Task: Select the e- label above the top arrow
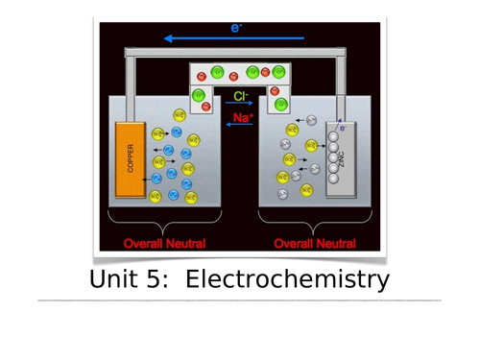point(236,28)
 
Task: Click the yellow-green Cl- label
point(240,96)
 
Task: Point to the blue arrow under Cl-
point(240,105)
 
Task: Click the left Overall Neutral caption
point(164,244)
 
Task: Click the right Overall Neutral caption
point(315,244)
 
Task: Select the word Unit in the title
point(113,279)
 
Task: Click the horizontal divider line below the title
point(240,300)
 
